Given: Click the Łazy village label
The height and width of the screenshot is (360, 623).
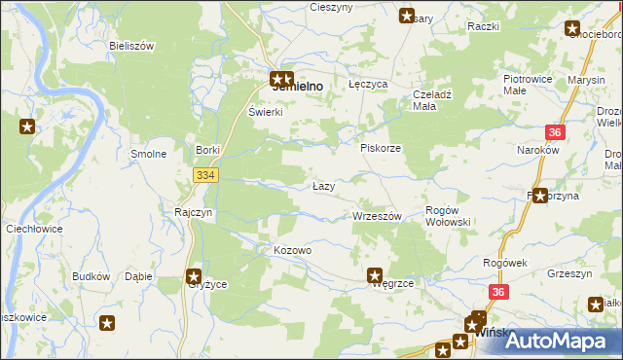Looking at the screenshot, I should pyautogui.click(x=324, y=186).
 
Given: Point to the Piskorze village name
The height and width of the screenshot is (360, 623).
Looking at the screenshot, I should pyautogui.click(x=381, y=148).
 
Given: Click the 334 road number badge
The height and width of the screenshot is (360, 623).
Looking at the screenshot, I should pyautogui.click(x=204, y=175).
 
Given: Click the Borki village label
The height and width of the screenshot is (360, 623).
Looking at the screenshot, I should pyautogui.click(x=207, y=150).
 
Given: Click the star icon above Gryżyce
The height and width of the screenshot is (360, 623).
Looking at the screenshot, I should pyautogui.click(x=194, y=275).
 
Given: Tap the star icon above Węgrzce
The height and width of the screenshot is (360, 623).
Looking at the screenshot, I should pyautogui.click(x=373, y=275).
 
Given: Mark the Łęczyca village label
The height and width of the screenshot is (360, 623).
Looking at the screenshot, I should pyautogui.click(x=369, y=85).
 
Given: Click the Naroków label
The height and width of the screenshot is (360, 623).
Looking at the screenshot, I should pyautogui.click(x=536, y=151).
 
